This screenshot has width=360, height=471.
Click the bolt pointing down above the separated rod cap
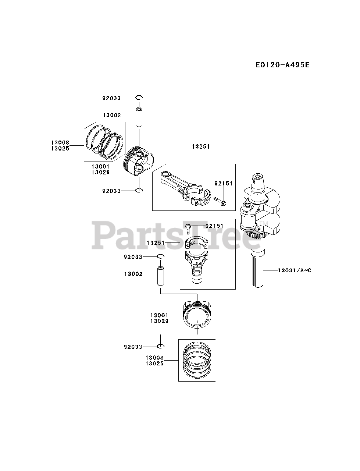(x=188, y=229)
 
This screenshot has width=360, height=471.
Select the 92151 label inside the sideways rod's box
(x=224, y=183)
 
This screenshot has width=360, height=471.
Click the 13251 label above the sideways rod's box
(x=200, y=146)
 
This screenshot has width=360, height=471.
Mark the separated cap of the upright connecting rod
(x=196, y=244)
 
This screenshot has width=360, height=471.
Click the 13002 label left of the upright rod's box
(x=133, y=274)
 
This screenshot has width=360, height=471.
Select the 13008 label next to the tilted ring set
(x=60, y=143)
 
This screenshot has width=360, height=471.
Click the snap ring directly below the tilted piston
(x=139, y=191)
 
